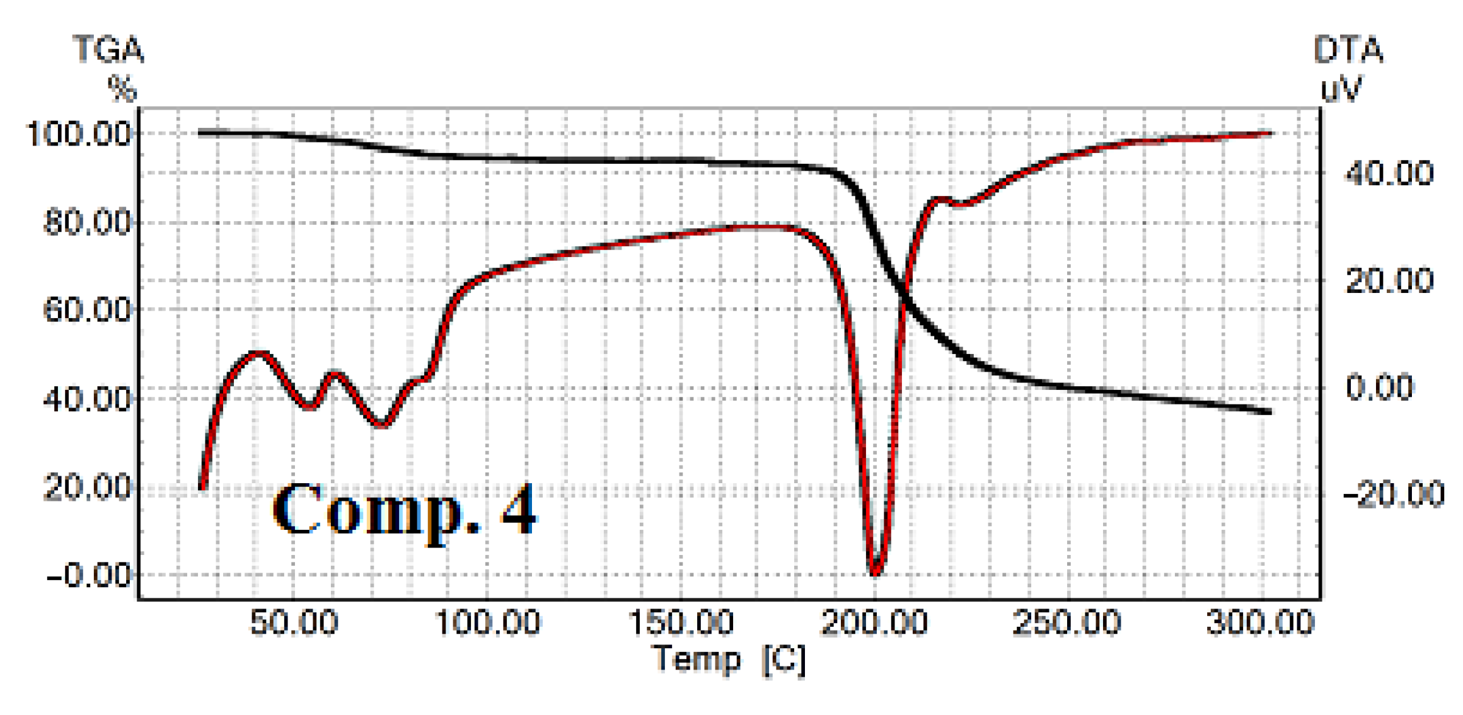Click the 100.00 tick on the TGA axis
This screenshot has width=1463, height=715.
(78, 134)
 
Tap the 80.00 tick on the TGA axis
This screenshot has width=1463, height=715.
(87, 222)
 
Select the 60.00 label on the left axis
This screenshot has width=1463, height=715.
(87, 310)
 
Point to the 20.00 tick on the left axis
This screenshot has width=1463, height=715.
(87, 487)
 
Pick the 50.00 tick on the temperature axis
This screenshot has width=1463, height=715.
(294, 622)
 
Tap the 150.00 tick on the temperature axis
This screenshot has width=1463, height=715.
(681, 622)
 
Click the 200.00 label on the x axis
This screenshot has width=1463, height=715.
(874, 622)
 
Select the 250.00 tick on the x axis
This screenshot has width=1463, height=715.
(1067, 622)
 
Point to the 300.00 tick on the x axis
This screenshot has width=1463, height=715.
(1260, 622)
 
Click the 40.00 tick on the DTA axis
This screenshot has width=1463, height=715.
(1389, 173)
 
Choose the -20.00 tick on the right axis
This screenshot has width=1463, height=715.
(1394, 494)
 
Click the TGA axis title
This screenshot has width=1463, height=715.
(108, 50)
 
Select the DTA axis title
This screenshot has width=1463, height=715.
(1348, 50)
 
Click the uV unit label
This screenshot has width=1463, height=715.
(1341, 89)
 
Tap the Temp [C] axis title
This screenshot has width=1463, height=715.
(729, 660)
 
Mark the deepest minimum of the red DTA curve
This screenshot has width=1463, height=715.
(875, 573)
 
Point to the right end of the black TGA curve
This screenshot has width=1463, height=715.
(1269, 411)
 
